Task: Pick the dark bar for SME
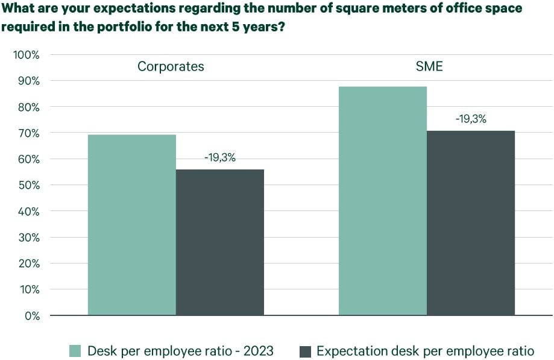point(471,223)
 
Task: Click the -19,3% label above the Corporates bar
point(219,158)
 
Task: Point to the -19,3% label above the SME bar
point(471,119)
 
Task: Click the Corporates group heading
point(171,66)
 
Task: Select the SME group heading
point(429,66)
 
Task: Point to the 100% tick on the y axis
point(26,55)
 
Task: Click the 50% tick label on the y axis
point(28,185)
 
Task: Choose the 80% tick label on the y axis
point(28,107)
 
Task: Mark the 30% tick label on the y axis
point(28,237)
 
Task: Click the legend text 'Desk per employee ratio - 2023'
point(180,351)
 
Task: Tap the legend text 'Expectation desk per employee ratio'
point(425,351)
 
